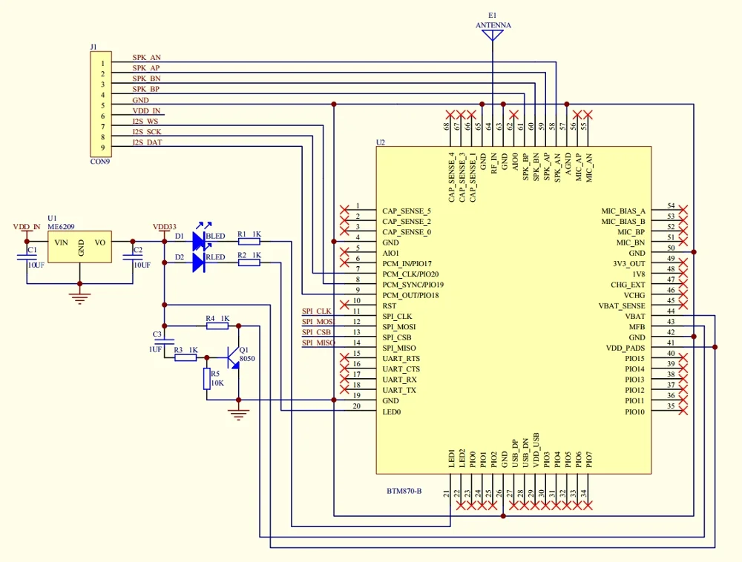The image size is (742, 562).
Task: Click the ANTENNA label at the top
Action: (x=493, y=25)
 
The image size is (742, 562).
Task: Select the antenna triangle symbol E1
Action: (x=493, y=37)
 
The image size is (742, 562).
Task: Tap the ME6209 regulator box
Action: (x=80, y=245)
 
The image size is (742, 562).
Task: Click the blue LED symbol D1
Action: (x=198, y=241)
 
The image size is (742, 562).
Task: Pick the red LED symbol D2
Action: (x=198, y=262)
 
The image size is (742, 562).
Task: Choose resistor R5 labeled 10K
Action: (x=207, y=380)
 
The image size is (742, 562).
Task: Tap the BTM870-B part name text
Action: (x=404, y=491)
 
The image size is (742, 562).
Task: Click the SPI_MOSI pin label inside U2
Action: (x=399, y=327)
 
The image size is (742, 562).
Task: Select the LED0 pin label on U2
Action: (x=391, y=411)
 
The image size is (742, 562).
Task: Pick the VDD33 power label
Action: (x=165, y=227)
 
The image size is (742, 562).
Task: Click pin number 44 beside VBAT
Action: (x=671, y=311)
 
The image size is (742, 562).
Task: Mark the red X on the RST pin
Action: (x=344, y=305)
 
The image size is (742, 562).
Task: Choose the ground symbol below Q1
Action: (x=238, y=413)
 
